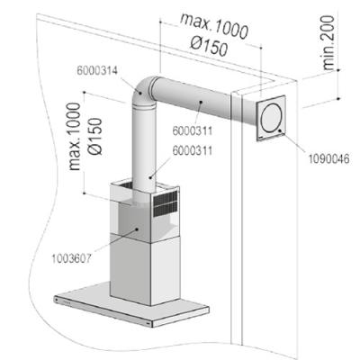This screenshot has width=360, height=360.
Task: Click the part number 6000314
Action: tap(97, 71)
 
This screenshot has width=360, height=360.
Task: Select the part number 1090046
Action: tap(329, 158)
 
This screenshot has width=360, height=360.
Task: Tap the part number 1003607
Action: tap(71, 258)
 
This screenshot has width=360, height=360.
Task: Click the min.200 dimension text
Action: tap(328, 43)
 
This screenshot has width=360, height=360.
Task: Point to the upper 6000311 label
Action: tap(193, 130)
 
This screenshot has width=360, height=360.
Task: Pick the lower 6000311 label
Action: tap(193, 150)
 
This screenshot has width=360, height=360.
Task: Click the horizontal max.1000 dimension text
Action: tap(214, 26)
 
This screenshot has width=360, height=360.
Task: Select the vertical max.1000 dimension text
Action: tap(75, 137)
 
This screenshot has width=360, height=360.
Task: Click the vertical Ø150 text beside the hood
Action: tap(95, 137)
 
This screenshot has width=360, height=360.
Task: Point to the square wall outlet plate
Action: tap(271, 118)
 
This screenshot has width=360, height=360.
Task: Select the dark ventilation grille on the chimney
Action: tap(166, 204)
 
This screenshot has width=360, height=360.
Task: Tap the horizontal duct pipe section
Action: tap(192, 101)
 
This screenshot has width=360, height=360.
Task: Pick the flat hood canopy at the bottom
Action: tap(132, 303)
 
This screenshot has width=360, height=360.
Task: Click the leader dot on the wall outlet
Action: tap(280, 130)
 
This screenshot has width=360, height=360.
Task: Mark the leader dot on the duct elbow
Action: tap(140, 92)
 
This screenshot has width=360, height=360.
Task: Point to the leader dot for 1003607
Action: tap(137, 229)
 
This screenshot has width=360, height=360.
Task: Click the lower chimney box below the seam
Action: tap(145, 267)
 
